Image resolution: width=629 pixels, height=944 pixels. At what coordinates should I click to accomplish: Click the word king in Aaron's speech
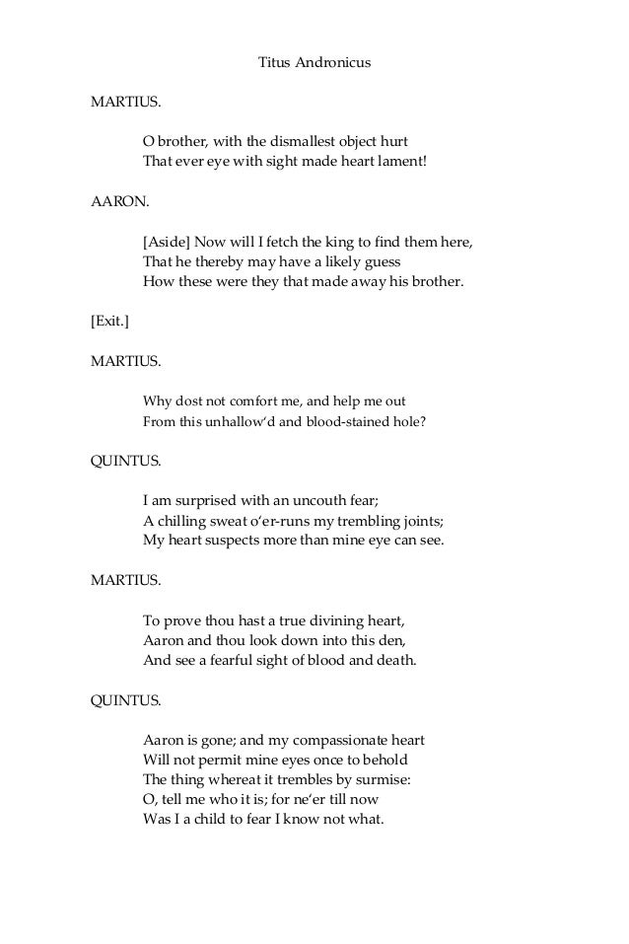[x=346, y=243]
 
